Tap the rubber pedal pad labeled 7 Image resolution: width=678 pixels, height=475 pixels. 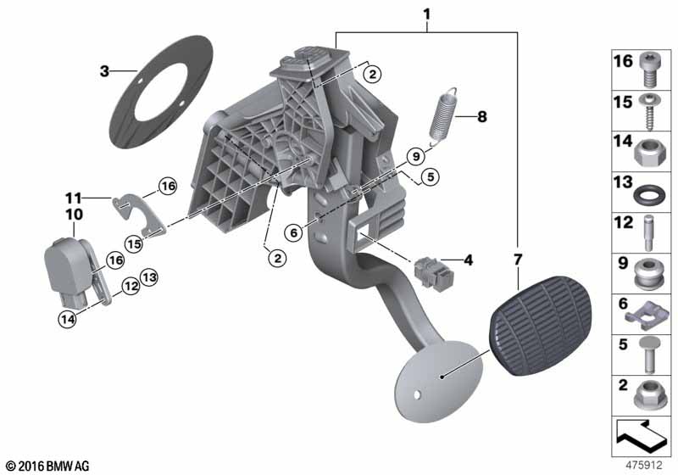(540, 326)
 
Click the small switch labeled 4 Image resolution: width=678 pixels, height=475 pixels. (434, 273)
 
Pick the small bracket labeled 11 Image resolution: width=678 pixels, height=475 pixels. (137, 213)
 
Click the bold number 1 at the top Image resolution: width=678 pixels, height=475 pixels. (427, 14)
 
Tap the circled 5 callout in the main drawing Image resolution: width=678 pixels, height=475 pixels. (430, 176)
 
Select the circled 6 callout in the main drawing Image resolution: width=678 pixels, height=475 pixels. (293, 233)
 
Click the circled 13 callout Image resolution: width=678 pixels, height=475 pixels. (149, 277)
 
